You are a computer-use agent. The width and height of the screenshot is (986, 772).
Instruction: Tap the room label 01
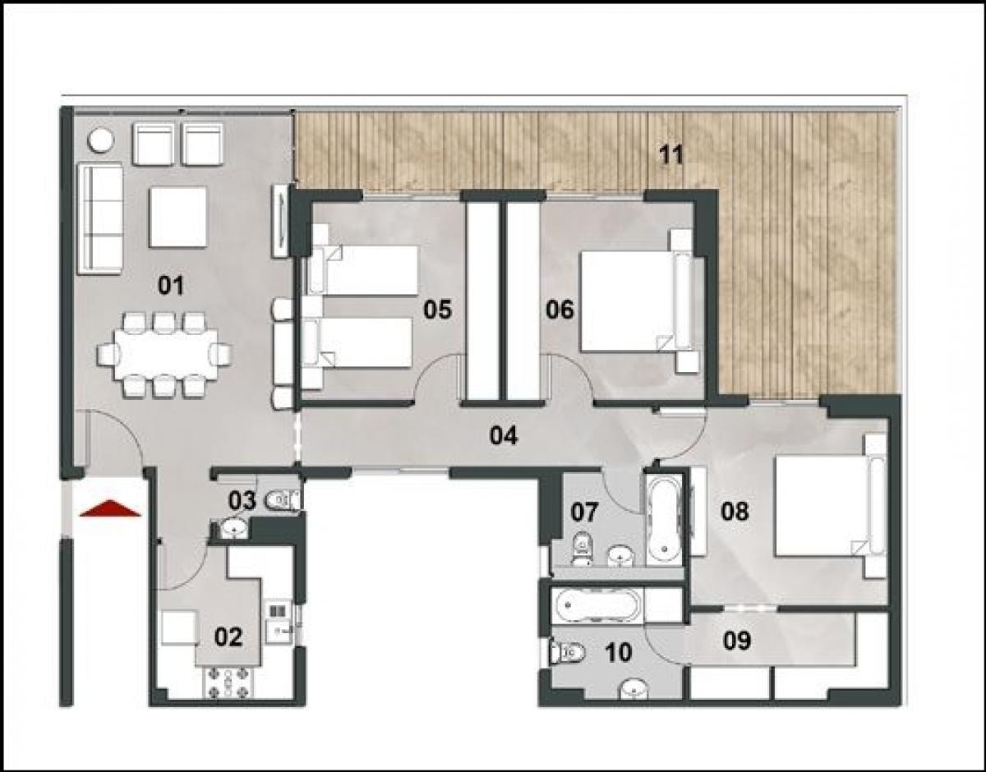tap(171, 286)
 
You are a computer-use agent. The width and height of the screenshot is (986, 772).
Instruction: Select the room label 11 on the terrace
tap(670, 154)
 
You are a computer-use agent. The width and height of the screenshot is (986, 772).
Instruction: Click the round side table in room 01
tap(101, 140)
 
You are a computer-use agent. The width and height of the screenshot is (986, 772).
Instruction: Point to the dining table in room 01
tap(164, 354)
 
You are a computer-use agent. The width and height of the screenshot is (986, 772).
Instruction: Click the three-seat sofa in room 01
tap(99, 218)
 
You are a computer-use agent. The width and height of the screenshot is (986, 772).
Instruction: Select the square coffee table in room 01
tap(177, 217)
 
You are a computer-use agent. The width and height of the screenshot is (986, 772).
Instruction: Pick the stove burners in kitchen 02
tap(227, 681)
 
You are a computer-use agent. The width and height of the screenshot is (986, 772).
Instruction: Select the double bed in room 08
tap(822, 506)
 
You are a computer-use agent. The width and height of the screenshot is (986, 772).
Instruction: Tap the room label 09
tap(737, 640)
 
